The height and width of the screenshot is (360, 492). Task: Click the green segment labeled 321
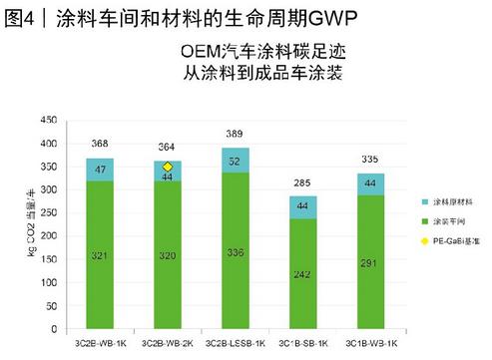[x=99, y=254]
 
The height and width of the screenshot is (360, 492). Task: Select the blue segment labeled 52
[x=235, y=161]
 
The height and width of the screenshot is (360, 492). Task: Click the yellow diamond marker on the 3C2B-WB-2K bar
[x=168, y=167]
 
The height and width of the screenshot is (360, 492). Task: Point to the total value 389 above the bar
[x=235, y=133]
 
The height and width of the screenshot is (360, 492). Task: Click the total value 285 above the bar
[x=302, y=181]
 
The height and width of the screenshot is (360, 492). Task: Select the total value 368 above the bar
[x=99, y=143]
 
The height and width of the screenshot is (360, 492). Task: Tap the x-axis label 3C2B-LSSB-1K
[x=235, y=341]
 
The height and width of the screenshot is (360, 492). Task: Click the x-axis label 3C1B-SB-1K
[x=302, y=341]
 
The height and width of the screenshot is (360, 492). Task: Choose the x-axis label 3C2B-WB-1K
[x=99, y=341]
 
